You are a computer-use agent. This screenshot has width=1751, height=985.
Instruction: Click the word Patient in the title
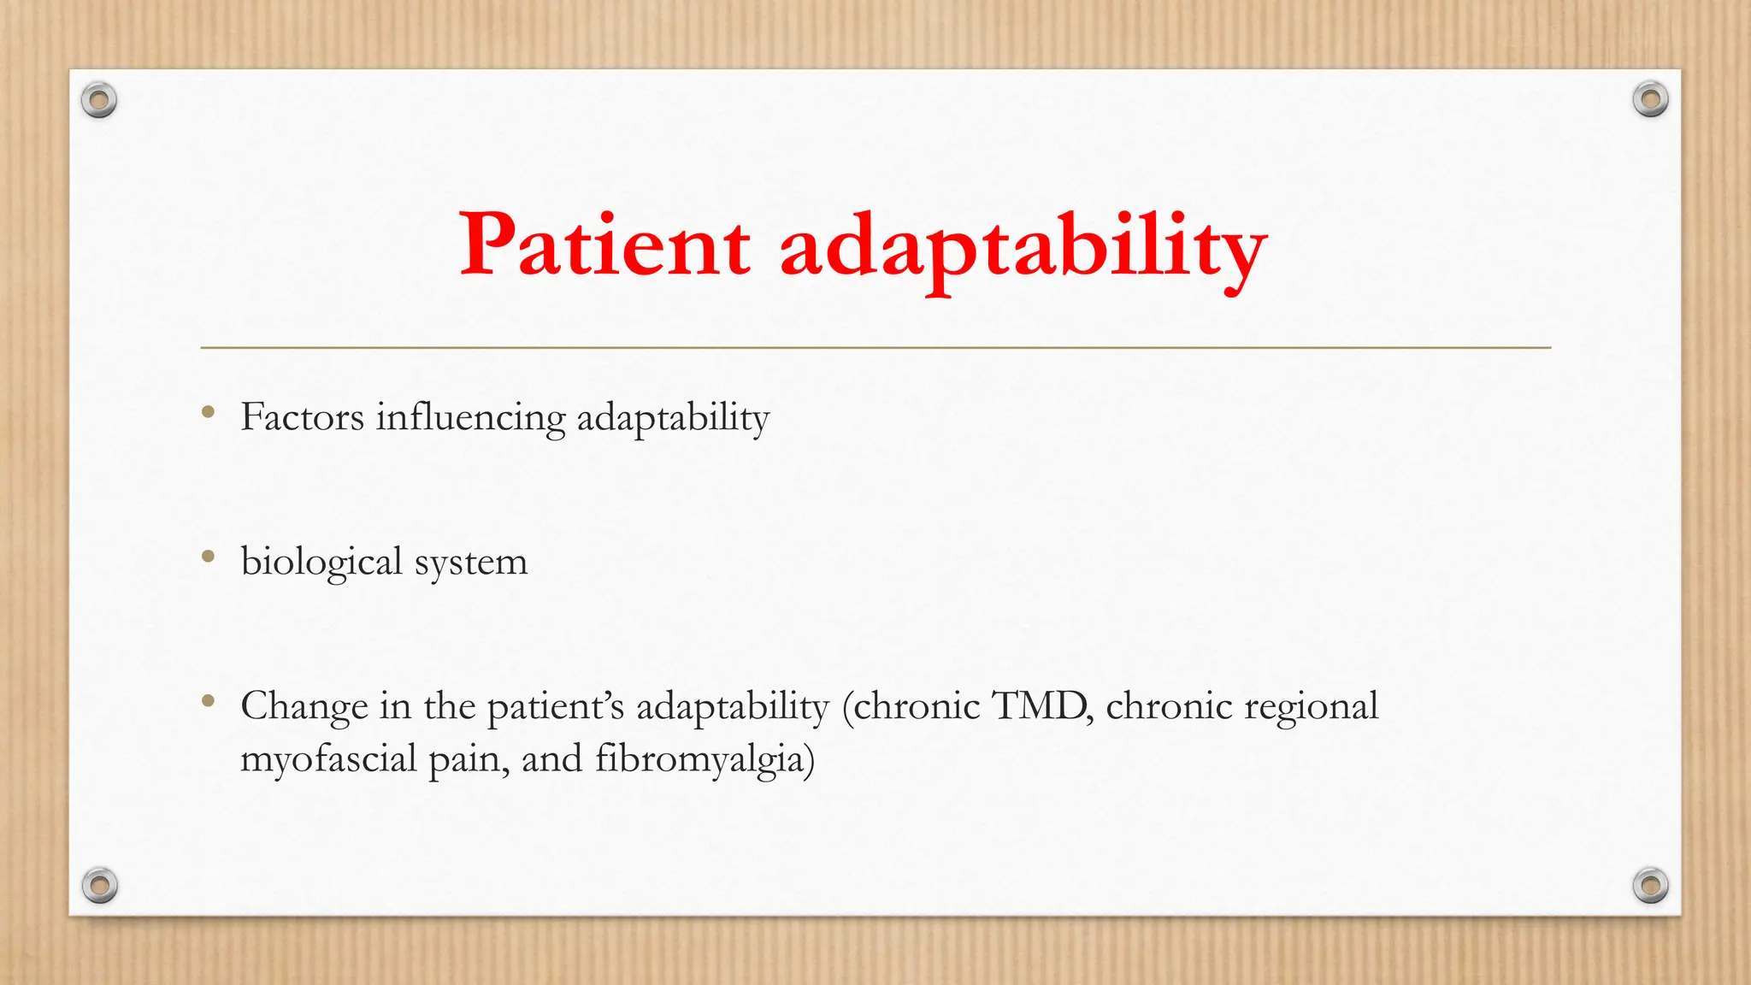point(604,245)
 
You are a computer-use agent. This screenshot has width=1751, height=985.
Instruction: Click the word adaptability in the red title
point(1023,248)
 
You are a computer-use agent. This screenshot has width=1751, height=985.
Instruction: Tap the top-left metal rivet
point(99,101)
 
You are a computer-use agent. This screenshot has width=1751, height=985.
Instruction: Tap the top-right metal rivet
point(1650,100)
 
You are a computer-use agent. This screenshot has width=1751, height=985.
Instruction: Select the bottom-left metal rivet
point(99,885)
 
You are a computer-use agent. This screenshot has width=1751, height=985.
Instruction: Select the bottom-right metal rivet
point(1650,885)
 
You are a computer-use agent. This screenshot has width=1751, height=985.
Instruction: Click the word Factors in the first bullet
point(303,417)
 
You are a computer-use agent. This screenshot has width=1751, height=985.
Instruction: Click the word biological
point(321,563)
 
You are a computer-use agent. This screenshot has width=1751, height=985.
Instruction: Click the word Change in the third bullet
point(304,707)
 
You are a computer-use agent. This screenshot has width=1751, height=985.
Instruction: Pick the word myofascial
point(328,760)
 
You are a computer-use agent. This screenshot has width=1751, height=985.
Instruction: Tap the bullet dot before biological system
point(208,557)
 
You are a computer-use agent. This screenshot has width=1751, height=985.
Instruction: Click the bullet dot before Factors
point(208,413)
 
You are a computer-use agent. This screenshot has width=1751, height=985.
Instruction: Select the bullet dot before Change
point(208,702)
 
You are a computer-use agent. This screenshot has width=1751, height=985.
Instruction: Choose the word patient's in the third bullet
point(556,707)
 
